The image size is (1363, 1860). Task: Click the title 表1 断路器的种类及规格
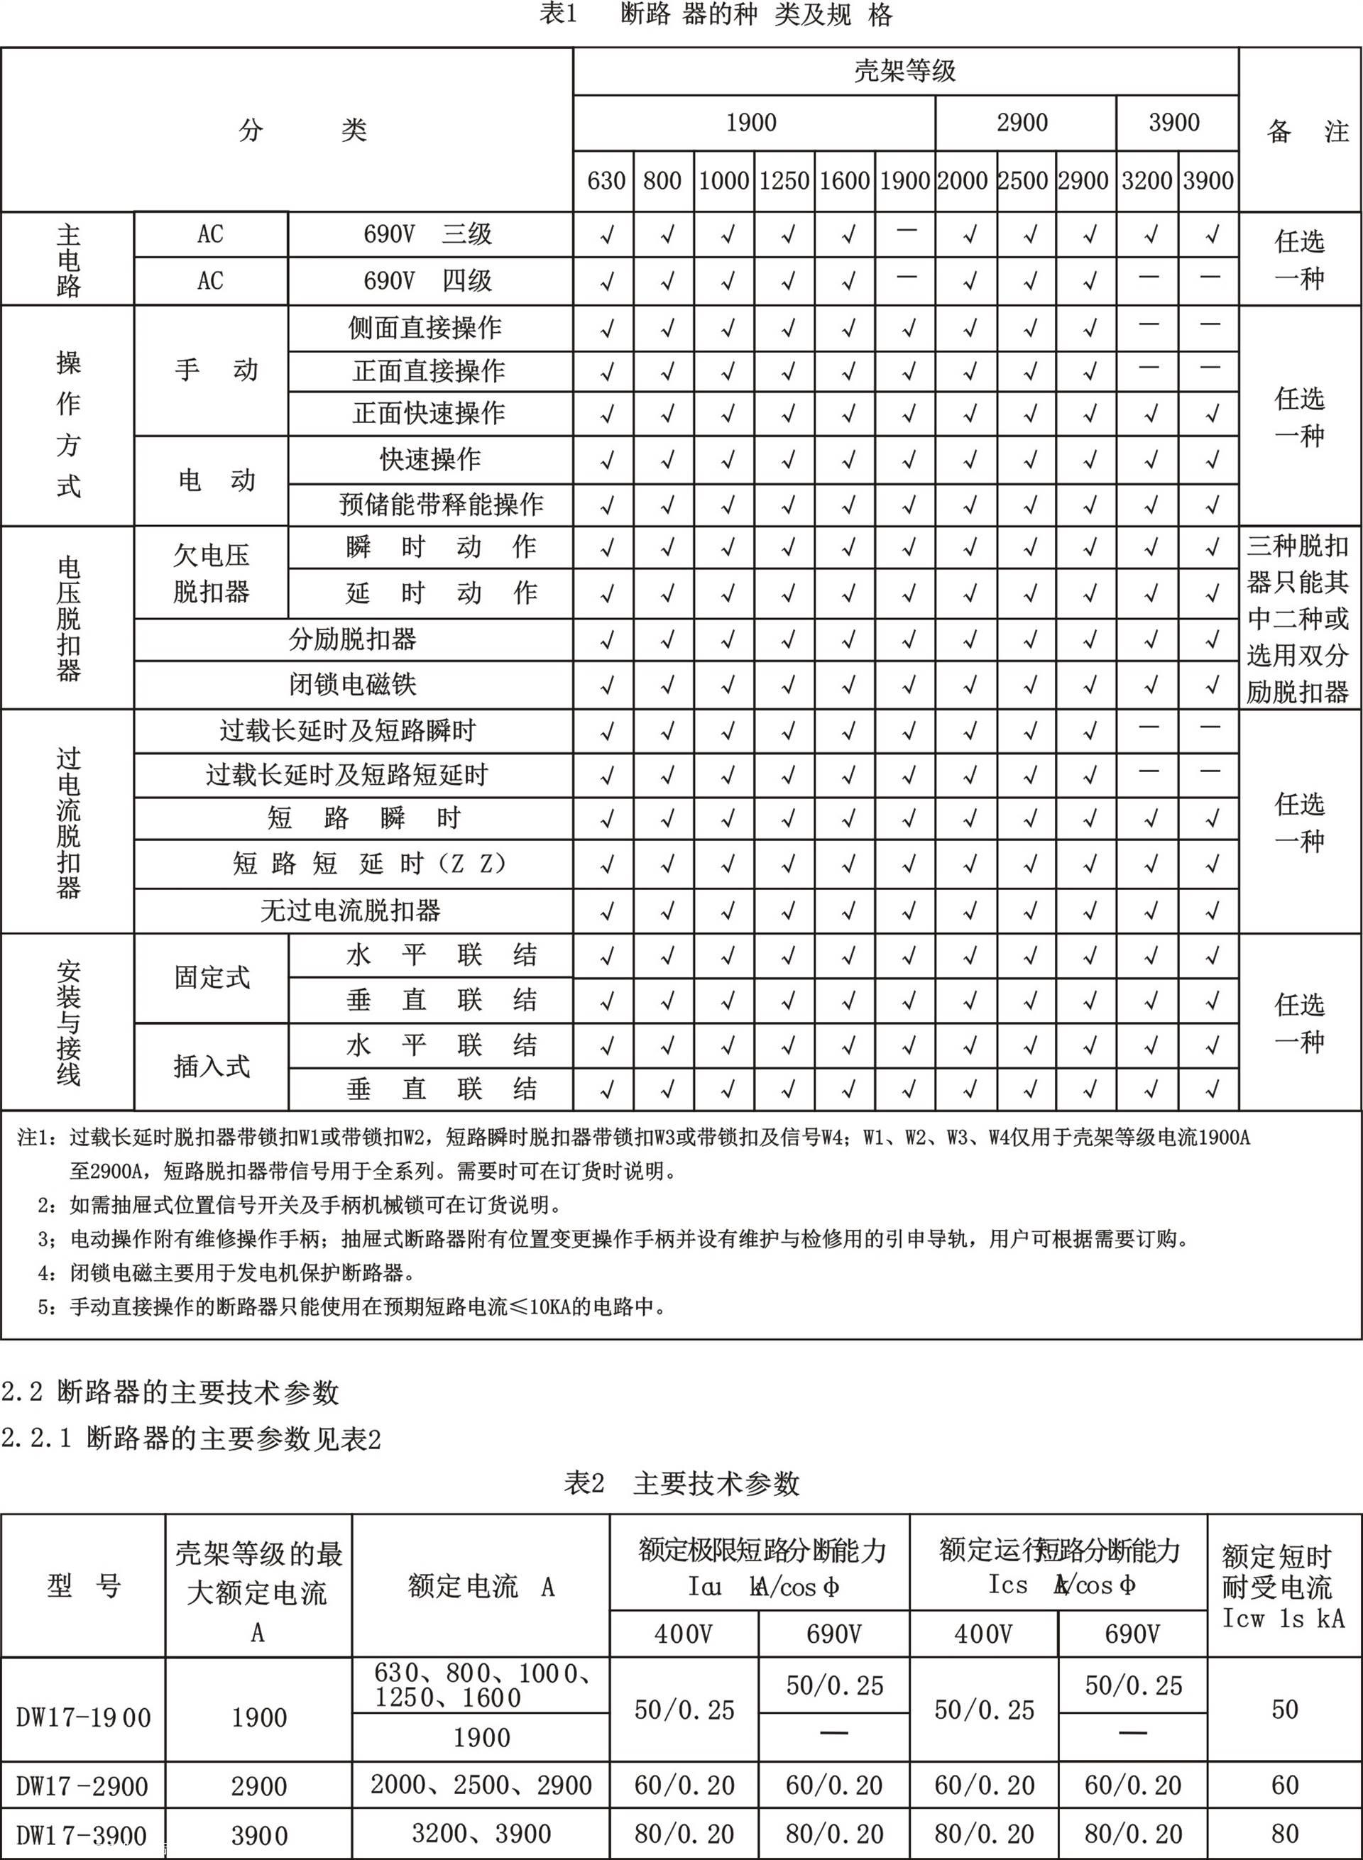coord(716,16)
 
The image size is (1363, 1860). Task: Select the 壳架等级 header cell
coord(905,71)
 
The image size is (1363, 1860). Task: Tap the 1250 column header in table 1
coord(784,181)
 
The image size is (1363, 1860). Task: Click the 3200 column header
coord(1146,181)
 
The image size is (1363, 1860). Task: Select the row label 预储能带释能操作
coord(441,504)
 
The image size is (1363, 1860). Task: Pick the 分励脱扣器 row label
coord(352,639)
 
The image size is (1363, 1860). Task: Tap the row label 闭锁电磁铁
coord(352,684)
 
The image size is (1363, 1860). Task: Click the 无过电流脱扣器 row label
coord(351,910)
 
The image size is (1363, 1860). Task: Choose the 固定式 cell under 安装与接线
coord(212,977)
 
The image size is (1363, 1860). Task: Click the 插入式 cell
coord(212,1067)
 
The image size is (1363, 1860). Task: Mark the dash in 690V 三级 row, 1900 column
coord(906,232)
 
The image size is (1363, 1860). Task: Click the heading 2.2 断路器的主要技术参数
coord(170,1393)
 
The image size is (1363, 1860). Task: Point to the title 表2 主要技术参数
coord(681,1484)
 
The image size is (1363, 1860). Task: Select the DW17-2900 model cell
coord(82,1787)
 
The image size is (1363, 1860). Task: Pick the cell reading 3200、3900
coord(481,1834)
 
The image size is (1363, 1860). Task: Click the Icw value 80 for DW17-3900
coord(1285,1834)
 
